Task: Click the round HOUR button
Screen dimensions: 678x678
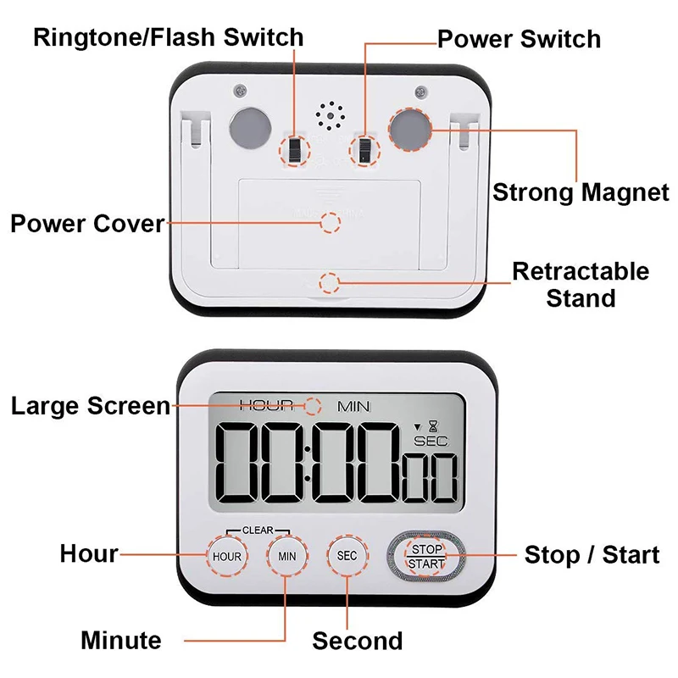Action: point(227,556)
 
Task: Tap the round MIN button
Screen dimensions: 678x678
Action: point(287,556)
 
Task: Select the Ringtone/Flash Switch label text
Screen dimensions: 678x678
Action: point(168,37)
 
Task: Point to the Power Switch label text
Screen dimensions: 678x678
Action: point(519,39)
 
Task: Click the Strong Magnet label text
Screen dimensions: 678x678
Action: point(581,192)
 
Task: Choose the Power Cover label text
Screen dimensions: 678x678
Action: point(86,224)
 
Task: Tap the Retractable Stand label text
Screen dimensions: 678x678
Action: point(581,285)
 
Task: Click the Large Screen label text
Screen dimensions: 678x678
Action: point(91,406)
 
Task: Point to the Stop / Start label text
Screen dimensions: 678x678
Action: point(592,555)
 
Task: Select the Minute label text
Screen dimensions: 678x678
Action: point(120,640)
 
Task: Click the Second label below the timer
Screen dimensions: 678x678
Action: point(357,641)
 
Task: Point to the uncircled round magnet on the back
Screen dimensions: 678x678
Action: point(248,128)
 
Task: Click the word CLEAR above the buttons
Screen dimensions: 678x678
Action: point(258,531)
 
